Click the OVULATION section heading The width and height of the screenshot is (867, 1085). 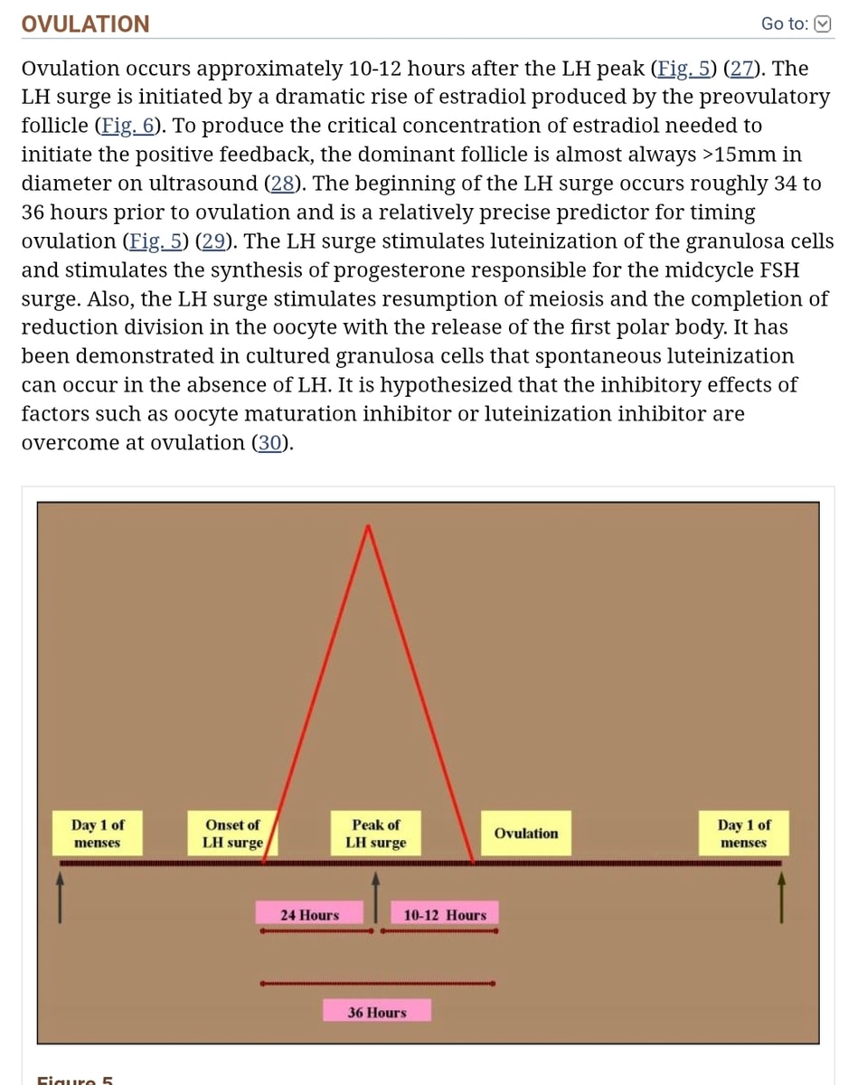coord(85,24)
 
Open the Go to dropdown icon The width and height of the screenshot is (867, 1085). coord(823,24)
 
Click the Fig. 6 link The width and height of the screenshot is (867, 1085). coord(128,126)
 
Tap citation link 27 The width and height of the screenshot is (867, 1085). coord(741,68)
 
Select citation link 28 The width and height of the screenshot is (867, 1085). coord(283,183)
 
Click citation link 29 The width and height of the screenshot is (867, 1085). coord(213,241)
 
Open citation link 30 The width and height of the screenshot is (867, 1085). coord(269,443)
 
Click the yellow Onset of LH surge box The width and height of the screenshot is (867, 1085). coord(232,834)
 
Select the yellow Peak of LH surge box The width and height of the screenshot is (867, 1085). coord(375,834)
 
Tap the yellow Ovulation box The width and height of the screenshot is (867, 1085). coord(526,834)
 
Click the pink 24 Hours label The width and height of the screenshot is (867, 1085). coord(309,915)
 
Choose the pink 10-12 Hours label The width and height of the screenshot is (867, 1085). coord(445,915)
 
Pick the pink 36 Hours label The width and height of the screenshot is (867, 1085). coord(377,1013)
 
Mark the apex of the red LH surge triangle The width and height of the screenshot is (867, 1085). coord(368,526)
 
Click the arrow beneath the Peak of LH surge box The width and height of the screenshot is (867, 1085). coord(375,897)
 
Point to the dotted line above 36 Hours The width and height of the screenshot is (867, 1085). coord(378,983)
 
